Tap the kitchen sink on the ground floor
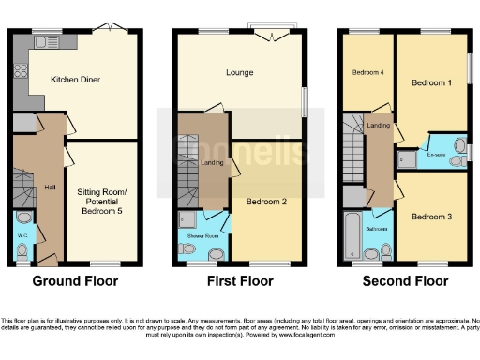coord(43,42)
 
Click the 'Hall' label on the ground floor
coord(50,187)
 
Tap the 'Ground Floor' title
coord(74,280)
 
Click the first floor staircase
coord(187,187)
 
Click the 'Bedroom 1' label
coord(430,82)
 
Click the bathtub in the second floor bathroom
coord(352,234)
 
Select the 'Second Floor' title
coord(405,280)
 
